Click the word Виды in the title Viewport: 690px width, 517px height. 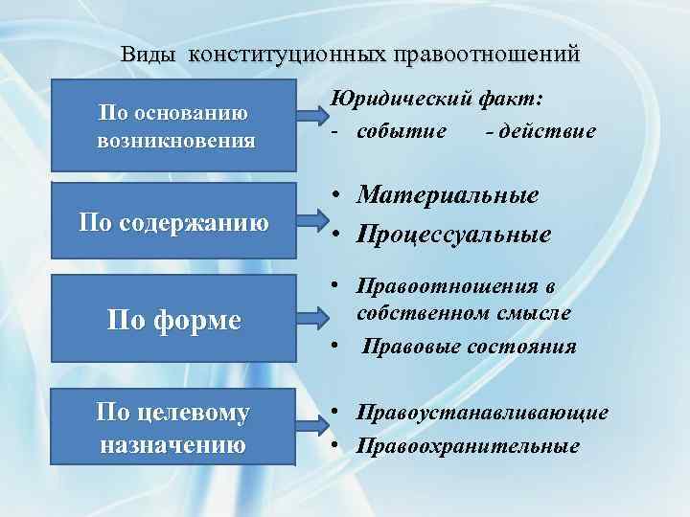150,55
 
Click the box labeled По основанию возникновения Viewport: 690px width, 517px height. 175,127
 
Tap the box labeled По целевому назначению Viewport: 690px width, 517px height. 173,428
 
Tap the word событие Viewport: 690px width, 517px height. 401,130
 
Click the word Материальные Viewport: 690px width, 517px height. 448,195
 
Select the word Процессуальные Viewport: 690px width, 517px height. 454,235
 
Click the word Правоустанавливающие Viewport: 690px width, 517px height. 482,413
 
